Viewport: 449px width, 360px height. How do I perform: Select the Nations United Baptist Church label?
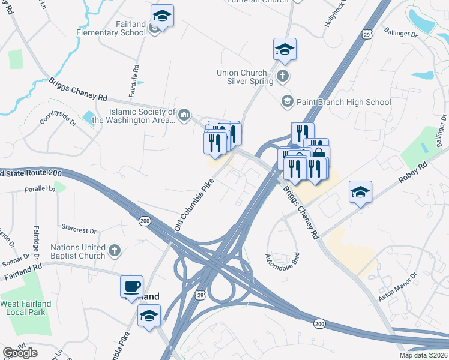click(x=78, y=251)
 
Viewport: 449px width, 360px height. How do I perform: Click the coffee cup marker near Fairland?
click(x=131, y=286)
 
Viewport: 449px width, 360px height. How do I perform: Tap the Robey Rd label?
click(x=414, y=171)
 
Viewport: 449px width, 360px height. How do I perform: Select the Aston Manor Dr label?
click(x=397, y=289)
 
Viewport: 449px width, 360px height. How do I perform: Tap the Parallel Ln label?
click(x=40, y=189)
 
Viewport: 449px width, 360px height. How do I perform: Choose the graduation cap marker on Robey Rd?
click(x=360, y=192)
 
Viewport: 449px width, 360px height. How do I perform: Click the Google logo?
click(x=20, y=353)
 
